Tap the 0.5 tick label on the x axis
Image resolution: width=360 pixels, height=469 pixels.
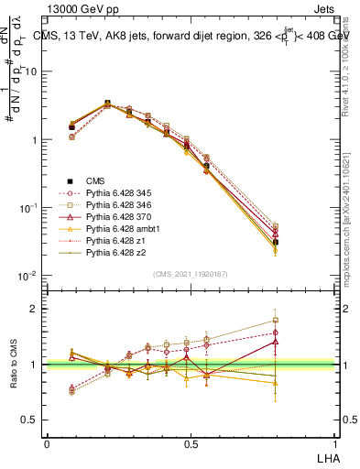(x=191, y=443)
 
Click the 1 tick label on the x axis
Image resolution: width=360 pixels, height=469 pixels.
(x=334, y=443)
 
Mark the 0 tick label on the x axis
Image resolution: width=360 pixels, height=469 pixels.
(x=47, y=443)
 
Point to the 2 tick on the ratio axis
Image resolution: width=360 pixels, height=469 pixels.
(x=36, y=309)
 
